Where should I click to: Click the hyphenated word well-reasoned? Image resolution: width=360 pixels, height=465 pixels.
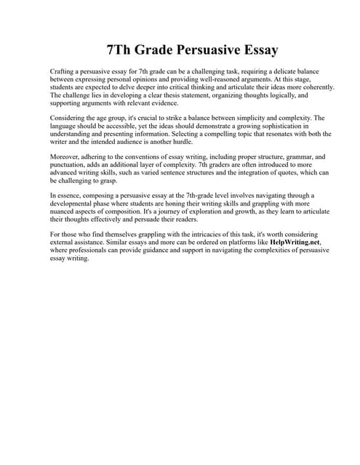coord(199,80)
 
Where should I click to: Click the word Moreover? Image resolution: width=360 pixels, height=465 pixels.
coord(64,155)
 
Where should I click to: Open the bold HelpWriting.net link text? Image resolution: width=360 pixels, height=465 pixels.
coord(294,242)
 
